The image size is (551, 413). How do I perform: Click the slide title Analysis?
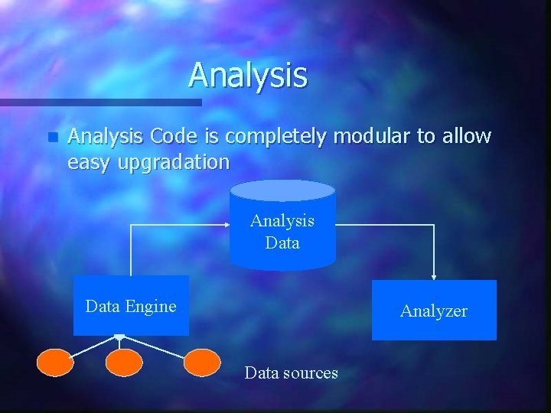point(248,75)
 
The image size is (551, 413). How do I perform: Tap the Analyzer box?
point(434,311)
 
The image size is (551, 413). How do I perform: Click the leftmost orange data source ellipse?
point(56,363)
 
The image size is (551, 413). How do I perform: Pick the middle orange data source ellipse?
point(124,363)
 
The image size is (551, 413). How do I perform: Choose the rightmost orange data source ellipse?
point(202,363)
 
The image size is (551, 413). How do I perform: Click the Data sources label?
point(291,373)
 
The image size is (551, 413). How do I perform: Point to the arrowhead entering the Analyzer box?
point(434,277)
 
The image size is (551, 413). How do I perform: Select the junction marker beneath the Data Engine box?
point(119,337)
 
